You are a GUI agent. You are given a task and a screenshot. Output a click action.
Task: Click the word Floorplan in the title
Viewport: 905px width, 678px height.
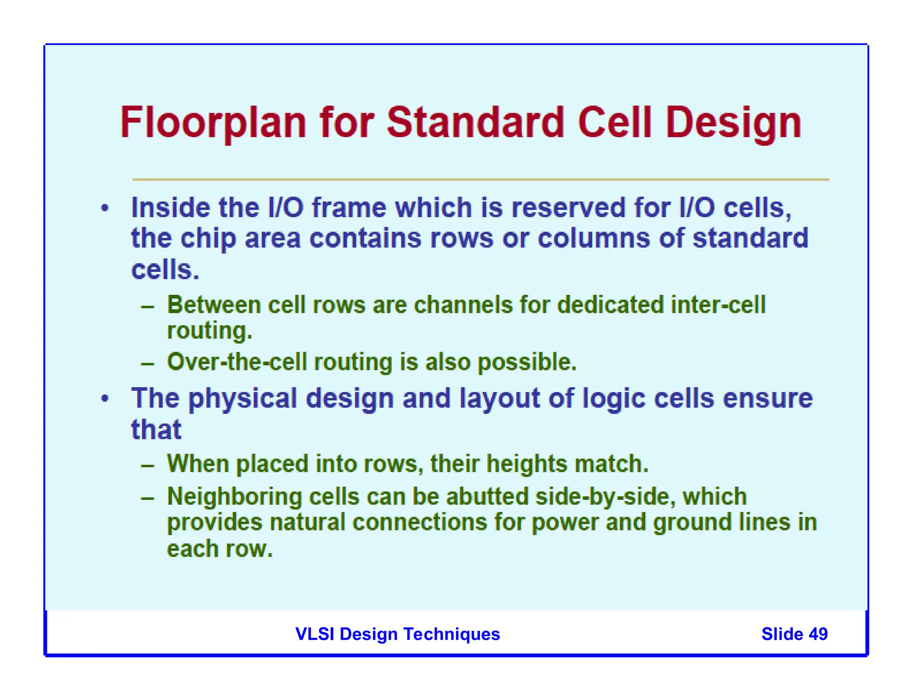[x=213, y=123]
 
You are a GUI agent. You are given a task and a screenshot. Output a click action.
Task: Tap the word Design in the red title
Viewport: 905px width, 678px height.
[x=733, y=123]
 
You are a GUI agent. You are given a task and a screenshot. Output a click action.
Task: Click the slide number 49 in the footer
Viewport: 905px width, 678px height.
[x=818, y=634]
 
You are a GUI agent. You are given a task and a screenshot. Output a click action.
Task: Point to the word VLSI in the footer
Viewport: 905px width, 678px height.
[x=315, y=634]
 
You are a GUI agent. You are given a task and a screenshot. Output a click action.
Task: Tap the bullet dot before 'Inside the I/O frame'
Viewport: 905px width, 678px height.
[x=105, y=207]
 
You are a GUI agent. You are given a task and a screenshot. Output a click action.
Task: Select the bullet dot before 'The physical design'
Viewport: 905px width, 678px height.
[x=105, y=399]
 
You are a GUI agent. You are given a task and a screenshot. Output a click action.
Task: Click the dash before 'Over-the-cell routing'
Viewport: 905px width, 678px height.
[x=148, y=364]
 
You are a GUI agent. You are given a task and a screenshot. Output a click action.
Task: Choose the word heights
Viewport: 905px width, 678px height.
[x=527, y=464]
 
